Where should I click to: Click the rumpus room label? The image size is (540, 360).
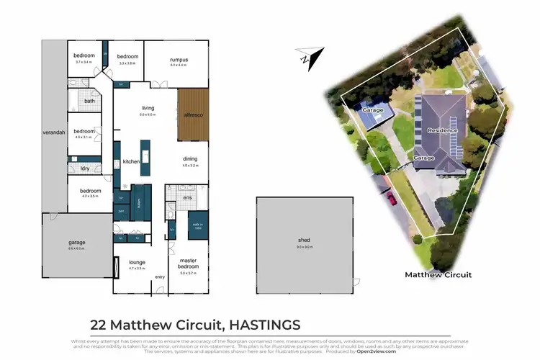pos(179,59)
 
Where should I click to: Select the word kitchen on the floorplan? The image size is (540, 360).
pos(131,162)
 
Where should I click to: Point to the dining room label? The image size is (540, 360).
pos(189,159)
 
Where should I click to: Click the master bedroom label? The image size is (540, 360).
pos(188,263)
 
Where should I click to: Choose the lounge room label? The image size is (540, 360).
pos(137,263)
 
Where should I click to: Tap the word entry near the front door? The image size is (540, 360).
pos(160,277)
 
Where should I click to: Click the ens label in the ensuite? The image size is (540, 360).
pos(186,197)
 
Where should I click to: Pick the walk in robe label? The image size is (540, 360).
pos(197,225)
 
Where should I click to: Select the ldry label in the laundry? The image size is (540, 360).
pos(84,168)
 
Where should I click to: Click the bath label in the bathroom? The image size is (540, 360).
pos(89,101)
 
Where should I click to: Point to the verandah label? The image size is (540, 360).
pos(53,133)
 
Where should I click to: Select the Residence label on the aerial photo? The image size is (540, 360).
pos(442,130)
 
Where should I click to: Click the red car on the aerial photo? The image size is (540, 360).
pos(392,197)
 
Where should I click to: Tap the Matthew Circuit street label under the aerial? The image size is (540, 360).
pos(438,275)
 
